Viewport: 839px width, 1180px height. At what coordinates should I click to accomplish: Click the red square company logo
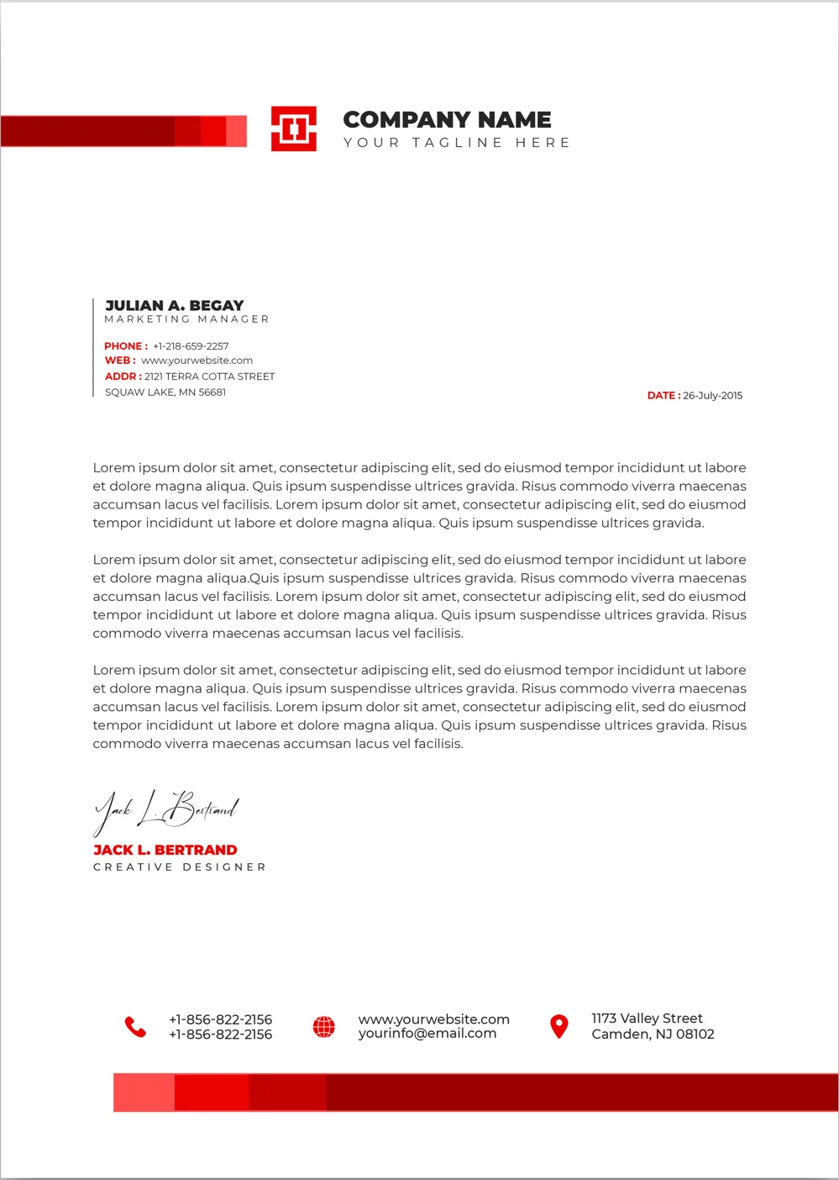tap(293, 129)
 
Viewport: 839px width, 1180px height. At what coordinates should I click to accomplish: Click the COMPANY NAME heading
tap(447, 119)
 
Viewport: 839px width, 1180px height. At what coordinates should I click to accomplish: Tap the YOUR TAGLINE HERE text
tap(456, 143)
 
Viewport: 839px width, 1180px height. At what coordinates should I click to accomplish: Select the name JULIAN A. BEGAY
tap(175, 305)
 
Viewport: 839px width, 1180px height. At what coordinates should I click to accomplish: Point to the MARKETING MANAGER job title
tap(186, 319)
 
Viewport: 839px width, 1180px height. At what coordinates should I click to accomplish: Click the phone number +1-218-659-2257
tap(191, 346)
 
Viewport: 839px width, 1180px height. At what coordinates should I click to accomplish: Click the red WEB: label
tap(120, 361)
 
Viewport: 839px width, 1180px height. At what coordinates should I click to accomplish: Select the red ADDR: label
tap(123, 377)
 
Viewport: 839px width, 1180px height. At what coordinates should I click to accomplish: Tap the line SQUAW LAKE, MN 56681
tap(165, 392)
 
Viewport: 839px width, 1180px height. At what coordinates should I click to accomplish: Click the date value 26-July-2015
tap(712, 396)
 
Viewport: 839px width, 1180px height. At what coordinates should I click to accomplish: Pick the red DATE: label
tap(663, 396)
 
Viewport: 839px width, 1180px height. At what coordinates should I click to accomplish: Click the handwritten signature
tap(166, 810)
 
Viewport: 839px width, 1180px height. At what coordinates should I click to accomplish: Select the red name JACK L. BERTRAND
tap(165, 850)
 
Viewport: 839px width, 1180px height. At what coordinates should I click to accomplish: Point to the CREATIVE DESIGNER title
tap(179, 867)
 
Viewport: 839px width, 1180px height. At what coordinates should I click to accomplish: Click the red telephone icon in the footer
tap(135, 1026)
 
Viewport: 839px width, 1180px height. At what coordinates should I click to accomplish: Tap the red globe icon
tap(323, 1026)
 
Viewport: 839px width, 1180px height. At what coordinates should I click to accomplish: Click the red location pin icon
tap(558, 1026)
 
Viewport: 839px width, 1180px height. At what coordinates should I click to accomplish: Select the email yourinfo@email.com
tap(427, 1034)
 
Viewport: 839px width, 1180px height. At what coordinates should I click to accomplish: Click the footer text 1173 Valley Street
tap(647, 1019)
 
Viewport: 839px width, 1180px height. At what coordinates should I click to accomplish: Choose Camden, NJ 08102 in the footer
tap(653, 1035)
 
